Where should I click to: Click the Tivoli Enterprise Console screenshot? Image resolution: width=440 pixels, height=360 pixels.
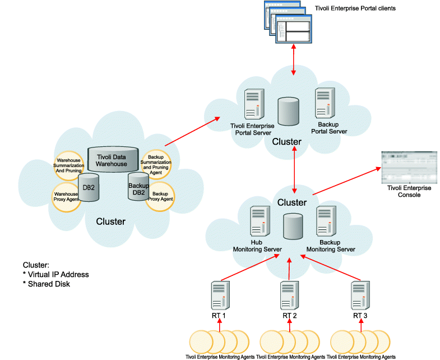(x=404, y=167)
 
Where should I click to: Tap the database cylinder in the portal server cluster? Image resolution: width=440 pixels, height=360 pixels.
(x=289, y=111)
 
